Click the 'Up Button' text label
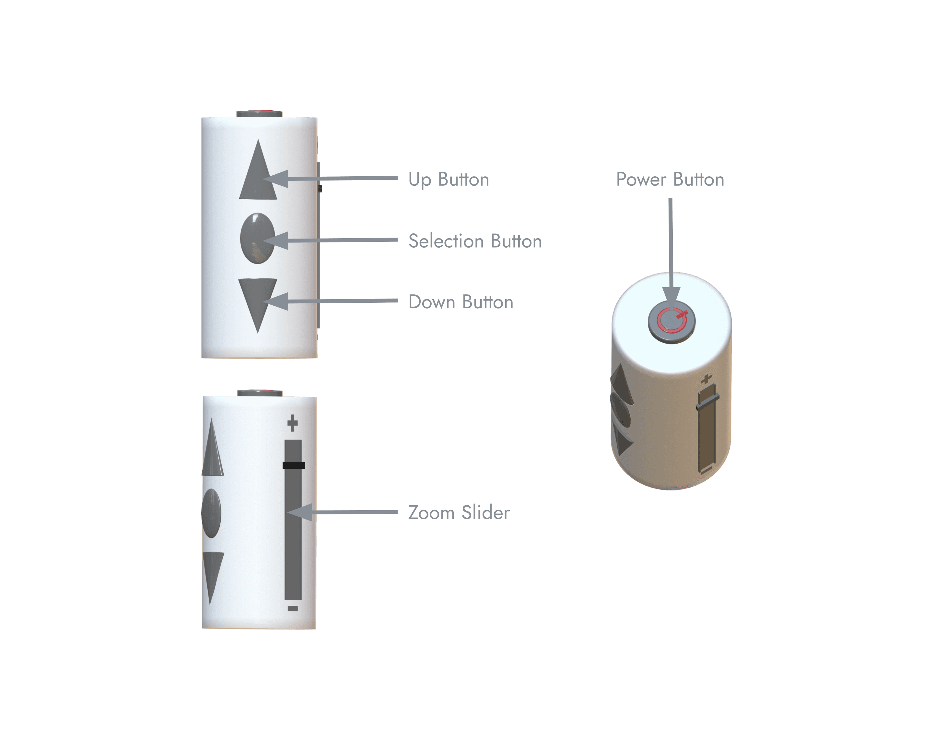coord(449,180)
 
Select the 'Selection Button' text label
coord(474,241)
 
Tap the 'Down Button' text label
coord(461,302)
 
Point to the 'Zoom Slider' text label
coord(459,513)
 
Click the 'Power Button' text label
coord(670,180)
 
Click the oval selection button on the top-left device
coord(257,238)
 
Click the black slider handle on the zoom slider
coord(294,465)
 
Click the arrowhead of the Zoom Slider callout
coord(297,512)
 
